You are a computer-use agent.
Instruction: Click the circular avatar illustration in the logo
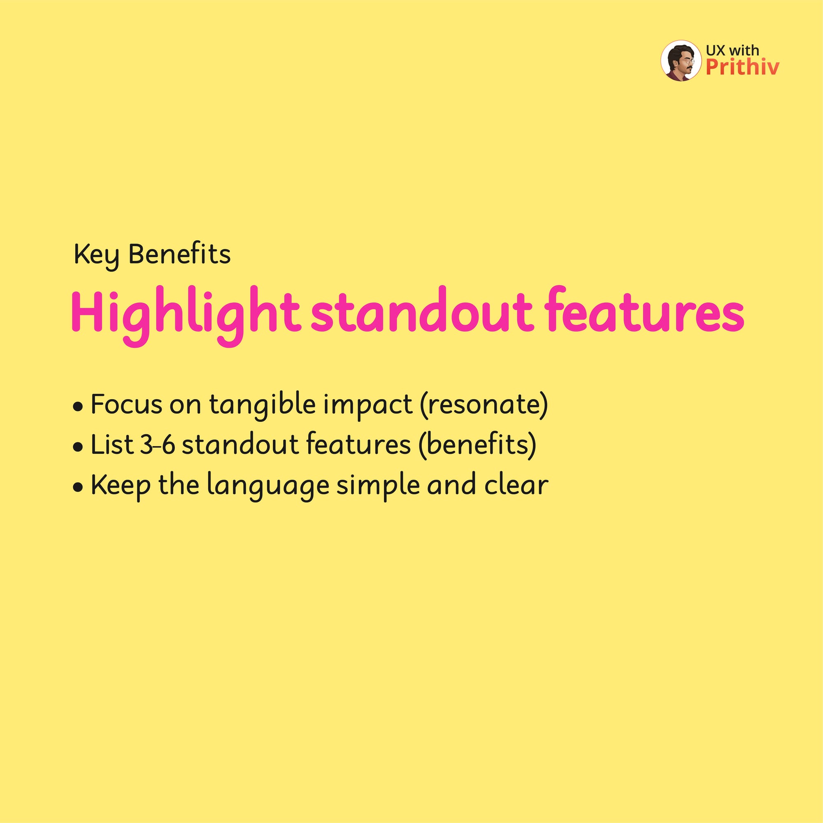tap(681, 61)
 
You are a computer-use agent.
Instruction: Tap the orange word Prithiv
tap(742, 67)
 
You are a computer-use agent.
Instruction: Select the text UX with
tap(732, 50)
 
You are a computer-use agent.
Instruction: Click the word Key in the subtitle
tap(96, 256)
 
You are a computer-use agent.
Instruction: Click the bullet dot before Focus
tap(77, 407)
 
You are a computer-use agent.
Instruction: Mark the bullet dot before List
tap(77, 448)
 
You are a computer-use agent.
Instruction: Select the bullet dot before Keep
tap(77, 487)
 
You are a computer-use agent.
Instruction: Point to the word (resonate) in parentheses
tap(484, 405)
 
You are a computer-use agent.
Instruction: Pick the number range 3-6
tap(157, 445)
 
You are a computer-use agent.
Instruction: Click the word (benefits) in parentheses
tap(477, 445)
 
